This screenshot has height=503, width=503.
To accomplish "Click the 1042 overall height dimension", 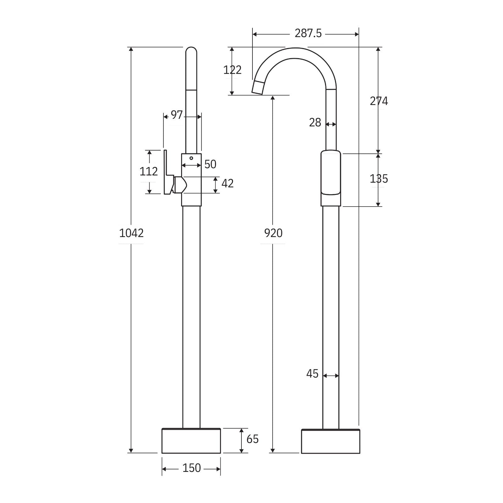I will [x=131, y=233].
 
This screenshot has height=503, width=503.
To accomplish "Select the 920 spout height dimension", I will [x=273, y=233].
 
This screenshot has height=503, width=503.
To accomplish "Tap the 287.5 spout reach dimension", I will [x=308, y=33].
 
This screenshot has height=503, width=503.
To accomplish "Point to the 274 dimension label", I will [x=379, y=101].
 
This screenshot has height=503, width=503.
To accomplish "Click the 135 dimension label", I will [x=379, y=179].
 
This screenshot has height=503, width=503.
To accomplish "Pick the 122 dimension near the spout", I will [x=232, y=70].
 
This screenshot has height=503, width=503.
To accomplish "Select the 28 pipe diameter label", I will [x=315, y=123].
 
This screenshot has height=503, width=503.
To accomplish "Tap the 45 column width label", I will [x=312, y=374].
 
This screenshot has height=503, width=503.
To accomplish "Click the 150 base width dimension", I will [x=191, y=468].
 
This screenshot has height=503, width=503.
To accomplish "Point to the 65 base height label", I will [x=252, y=439].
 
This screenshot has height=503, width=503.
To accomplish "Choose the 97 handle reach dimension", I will [x=177, y=115].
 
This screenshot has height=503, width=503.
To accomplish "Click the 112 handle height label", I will [x=148, y=172].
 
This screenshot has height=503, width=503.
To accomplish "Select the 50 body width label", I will [x=210, y=164].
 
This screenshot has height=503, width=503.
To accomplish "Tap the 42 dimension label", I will [x=227, y=184].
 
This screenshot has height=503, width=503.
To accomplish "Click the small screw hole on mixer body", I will [x=191, y=158].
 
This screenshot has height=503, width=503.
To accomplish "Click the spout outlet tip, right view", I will [x=258, y=87].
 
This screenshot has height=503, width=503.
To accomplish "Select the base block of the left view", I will [x=191, y=441].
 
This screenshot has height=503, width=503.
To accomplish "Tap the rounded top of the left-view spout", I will [x=191, y=51].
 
